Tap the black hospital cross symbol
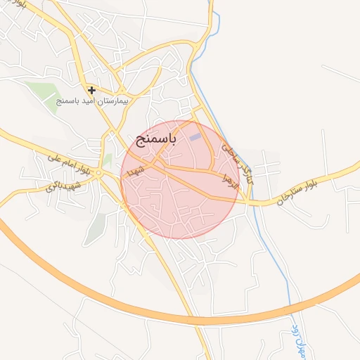click(x=91, y=90)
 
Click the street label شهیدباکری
click(x=63, y=184)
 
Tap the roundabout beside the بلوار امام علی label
click(x=99, y=173)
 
